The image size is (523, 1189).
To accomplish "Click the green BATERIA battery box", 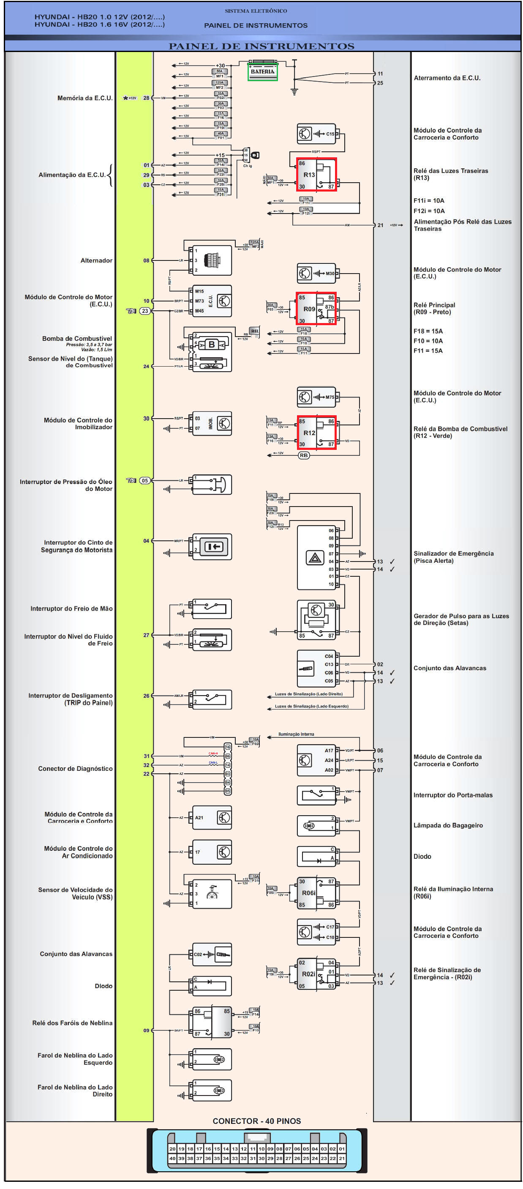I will pyautogui.click(x=262, y=71).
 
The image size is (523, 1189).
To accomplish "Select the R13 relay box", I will pyautogui.click(x=316, y=175).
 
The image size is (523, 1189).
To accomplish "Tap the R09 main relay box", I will pyautogui.click(x=316, y=308).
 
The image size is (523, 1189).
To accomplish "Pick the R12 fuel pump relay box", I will pyautogui.click(x=316, y=432).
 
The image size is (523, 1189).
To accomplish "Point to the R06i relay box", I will pyautogui.click(x=316, y=893).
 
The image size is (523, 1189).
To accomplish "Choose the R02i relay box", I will pyautogui.click(x=316, y=974).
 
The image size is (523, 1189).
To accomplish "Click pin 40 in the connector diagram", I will pyautogui.click(x=172, y=1158).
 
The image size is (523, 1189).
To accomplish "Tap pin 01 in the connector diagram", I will pyautogui.click(x=342, y=1149).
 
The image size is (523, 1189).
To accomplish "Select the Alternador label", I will pyautogui.click(x=96, y=260).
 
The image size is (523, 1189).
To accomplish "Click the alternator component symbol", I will pyautogui.click(x=212, y=260).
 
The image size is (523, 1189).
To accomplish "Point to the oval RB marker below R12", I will pyautogui.click(x=303, y=455).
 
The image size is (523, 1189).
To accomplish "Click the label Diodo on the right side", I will pyautogui.click(x=422, y=856).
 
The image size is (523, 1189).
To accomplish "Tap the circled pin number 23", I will pyautogui.click(x=145, y=311).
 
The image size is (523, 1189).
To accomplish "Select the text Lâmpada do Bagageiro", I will pyautogui.click(x=448, y=825).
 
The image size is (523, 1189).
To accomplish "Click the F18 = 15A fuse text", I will pyautogui.click(x=428, y=331).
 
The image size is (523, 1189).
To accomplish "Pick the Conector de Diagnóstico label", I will pyautogui.click(x=75, y=769).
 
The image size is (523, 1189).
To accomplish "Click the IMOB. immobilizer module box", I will pyautogui.click(x=212, y=423).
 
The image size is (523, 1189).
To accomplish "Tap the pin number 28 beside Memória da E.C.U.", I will pyautogui.click(x=146, y=98).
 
